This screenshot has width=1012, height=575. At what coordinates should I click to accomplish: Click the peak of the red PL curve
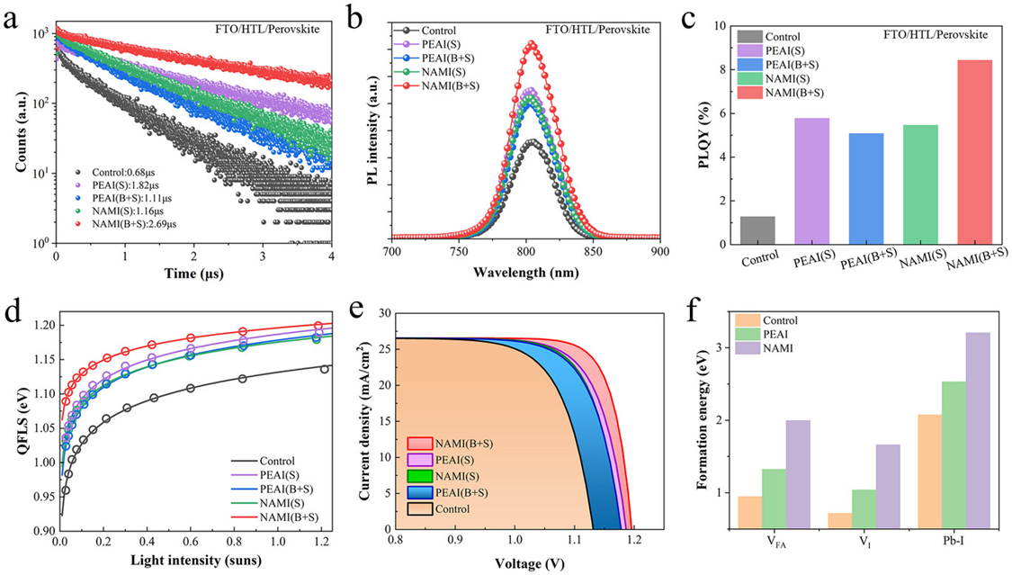click(x=532, y=42)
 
